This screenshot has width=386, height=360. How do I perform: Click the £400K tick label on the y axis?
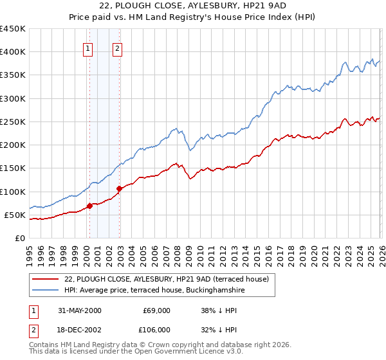coord(13,52)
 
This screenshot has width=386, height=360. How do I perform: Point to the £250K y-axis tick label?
coord(13,122)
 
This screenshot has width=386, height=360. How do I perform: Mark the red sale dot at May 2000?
coord(90,206)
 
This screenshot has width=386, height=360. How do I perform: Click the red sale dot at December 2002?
coord(119,188)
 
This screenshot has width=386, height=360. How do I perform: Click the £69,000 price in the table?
coord(157,310)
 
